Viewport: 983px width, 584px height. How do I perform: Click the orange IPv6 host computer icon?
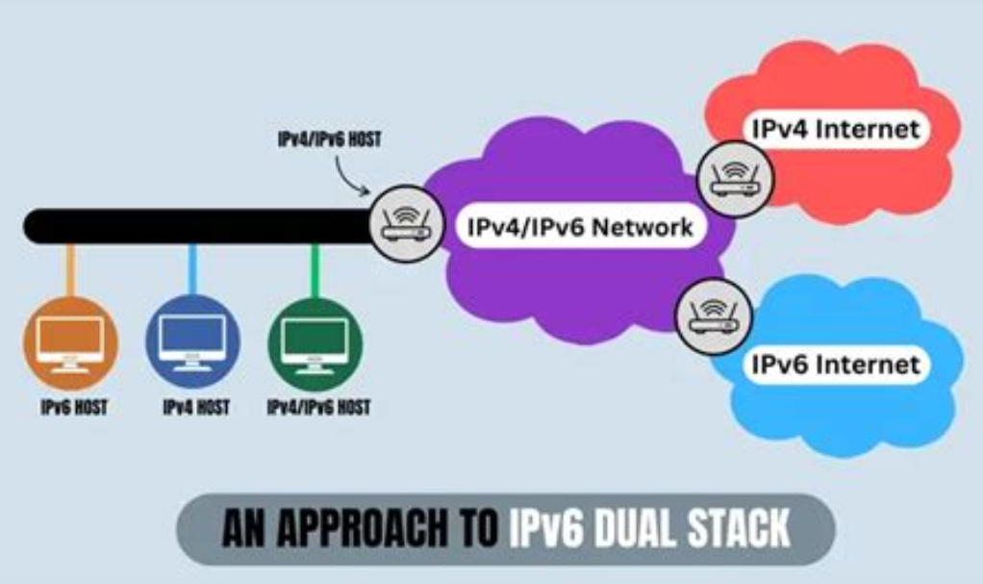pos(70,343)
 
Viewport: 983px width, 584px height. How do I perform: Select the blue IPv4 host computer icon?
pos(192,343)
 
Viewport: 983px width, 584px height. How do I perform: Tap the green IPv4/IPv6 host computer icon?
pos(315,343)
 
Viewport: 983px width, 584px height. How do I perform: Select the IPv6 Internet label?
pos(835,365)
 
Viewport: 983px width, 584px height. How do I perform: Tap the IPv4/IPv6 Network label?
pos(580,228)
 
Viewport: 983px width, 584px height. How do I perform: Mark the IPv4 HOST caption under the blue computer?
pos(196,407)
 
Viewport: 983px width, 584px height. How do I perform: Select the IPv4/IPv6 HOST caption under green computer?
pos(318,407)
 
